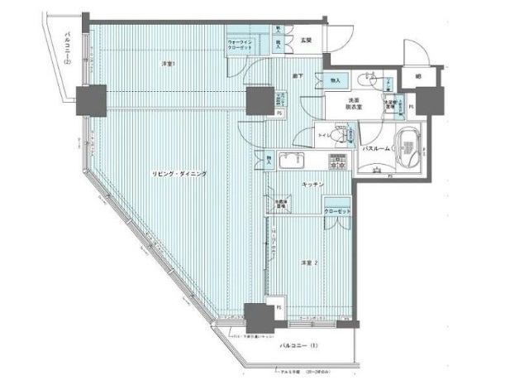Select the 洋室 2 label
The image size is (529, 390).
[x=309, y=262]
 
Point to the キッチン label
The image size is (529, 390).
[x=312, y=185]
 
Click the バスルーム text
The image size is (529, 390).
[x=377, y=149]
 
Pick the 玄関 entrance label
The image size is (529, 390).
[x=305, y=40]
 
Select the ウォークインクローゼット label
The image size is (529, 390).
[x=244, y=45]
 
